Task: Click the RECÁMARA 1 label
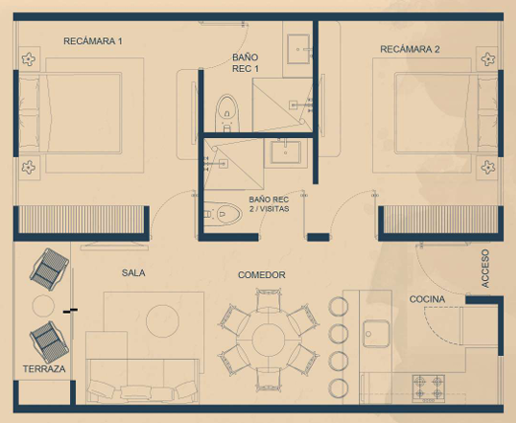click(93, 41)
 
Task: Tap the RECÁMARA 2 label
click(409, 49)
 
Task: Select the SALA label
click(133, 273)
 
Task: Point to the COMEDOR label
click(261, 275)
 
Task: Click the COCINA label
click(427, 299)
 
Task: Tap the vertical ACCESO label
click(485, 268)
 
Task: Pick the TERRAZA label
click(44, 369)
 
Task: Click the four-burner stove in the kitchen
click(428, 388)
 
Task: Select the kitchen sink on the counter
click(376, 333)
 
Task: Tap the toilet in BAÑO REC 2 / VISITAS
click(222, 214)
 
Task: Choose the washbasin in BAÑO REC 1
click(298, 49)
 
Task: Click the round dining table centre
click(268, 339)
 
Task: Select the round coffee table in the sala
click(163, 321)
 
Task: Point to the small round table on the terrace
click(43, 306)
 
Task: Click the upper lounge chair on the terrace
click(49, 269)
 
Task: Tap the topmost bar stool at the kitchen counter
click(338, 307)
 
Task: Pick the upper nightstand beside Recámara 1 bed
click(29, 59)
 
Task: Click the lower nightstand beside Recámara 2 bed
click(487, 167)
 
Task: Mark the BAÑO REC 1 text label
click(245, 63)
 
